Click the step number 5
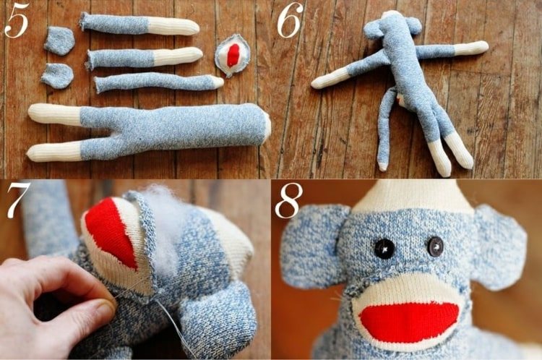(x=16, y=21)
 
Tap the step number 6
(x=290, y=20)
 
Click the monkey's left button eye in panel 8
(x=384, y=248)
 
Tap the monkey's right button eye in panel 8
(x=435, y=247)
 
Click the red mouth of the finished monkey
(x=409, y=322)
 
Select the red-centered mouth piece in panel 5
(x=232, y=55)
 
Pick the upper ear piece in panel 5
(x=59, y=40)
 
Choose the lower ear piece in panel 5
(x=57, y=75)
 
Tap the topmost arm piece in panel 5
(x=139, y=24)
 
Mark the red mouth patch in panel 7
(x=111, y=232)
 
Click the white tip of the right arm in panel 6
(x=471, y=48)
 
